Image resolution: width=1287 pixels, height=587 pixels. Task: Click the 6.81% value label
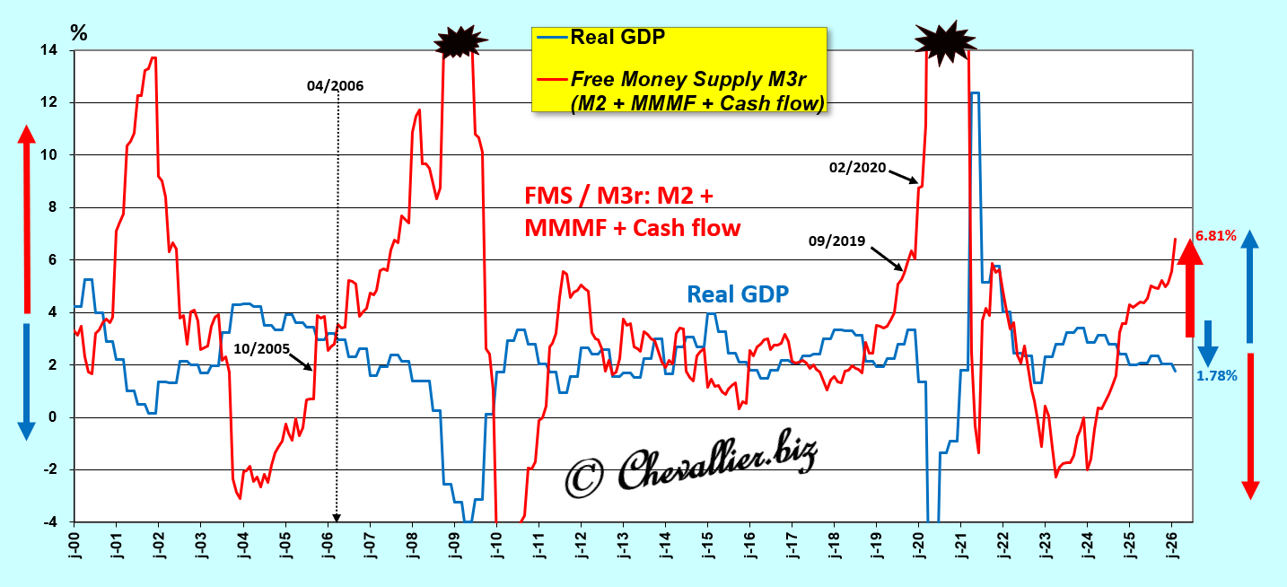click(1216, 237)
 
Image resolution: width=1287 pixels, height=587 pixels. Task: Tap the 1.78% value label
click(1217, 376)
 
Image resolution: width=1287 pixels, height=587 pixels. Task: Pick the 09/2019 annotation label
click(836, 241)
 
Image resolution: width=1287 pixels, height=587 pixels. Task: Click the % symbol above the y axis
click(79, 33)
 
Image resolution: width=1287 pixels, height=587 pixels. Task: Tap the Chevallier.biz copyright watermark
click(692, 464)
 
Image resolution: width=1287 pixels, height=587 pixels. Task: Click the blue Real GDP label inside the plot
click(738, 293)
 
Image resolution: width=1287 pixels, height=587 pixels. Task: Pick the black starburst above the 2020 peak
click(943, 39)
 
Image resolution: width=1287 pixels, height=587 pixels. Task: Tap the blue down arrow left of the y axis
click(26, 381)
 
